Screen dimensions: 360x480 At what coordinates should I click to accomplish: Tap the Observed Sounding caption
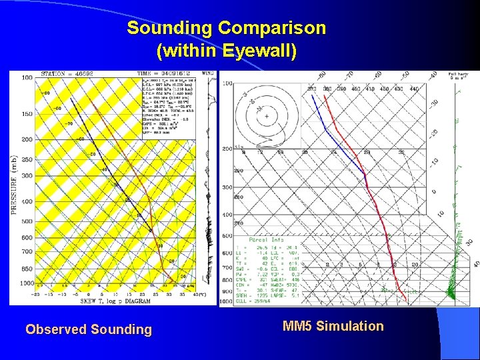89,329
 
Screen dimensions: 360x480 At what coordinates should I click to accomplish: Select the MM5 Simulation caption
333,326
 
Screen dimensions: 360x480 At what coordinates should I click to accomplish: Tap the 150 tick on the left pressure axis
27,113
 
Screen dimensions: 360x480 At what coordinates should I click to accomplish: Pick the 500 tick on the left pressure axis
27,221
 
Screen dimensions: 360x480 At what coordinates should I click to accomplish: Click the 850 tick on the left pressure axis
27,269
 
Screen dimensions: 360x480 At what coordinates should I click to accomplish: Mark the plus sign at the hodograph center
267,117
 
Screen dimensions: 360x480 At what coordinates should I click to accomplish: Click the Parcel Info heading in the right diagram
267,240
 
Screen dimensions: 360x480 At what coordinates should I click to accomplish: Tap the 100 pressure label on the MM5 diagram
227,83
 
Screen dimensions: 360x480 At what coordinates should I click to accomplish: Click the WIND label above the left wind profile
209,74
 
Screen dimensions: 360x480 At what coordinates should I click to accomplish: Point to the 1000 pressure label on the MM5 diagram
225,302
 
